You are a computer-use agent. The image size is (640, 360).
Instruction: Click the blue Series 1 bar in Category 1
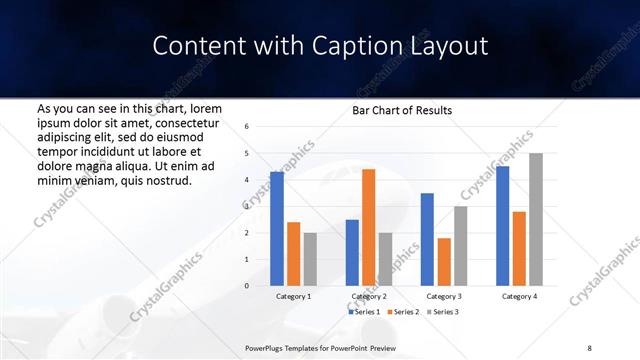[276, 229]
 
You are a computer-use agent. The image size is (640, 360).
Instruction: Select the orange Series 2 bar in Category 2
[368, 227]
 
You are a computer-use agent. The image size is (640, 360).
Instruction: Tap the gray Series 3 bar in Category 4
[536, 219]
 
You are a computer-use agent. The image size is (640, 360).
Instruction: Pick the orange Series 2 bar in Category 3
[443, 262]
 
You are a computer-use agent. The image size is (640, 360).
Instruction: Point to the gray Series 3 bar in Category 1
[310, 259]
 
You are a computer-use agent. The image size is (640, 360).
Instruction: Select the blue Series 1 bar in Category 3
[427, 239]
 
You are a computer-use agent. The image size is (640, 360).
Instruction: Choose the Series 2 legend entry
[403, 312]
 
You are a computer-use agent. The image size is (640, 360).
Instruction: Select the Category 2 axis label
[368, 296]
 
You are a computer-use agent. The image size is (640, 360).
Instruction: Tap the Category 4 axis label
[518, 296]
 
